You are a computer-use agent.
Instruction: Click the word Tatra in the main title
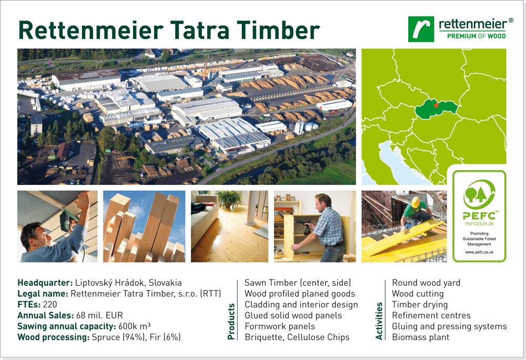pyautogui.click(x=200, y=30)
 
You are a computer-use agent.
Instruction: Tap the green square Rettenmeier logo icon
pyautogui.click(x=421, y=29)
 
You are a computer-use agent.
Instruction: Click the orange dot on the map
pyautogui.click(x=436, y=105)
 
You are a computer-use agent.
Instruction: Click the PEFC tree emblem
pyautogui.click(x=479, y=194)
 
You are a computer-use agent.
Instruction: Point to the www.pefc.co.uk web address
pyautogui.click(x=479, y=252)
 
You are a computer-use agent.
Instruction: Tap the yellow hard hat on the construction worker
pyautogui.click(x=416, y=202)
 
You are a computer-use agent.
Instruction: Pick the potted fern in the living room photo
pyautogui.click(x=229, y=199)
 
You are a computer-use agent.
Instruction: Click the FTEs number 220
pyautogui.click(x=50, y=304)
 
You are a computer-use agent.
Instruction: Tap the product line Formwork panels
pyautogui.click(x=280, y=326)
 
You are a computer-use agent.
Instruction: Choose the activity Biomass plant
pyautogui.click(x=420, y=337)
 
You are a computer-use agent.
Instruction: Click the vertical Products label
pyautogui.click(x=231, y=322)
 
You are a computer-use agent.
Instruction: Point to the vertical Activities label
pyautogui.click(x=379, y=321)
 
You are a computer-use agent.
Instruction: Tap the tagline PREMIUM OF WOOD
pyautogui.click(x=477, y=36)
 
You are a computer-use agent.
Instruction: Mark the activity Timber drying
pyautogui.click(x=420, y=305)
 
